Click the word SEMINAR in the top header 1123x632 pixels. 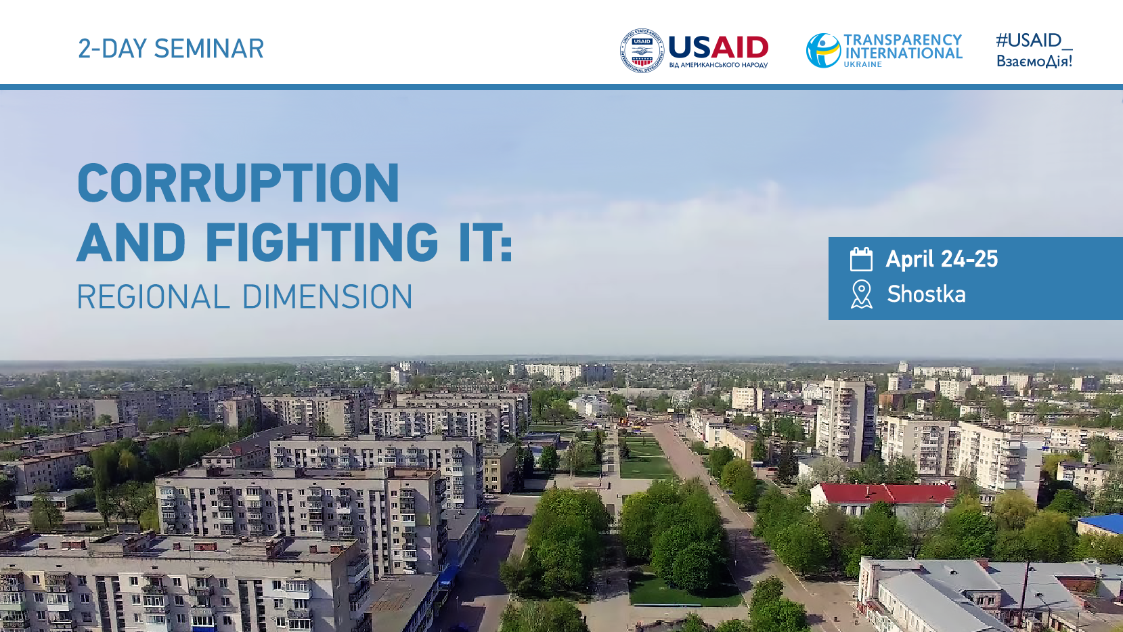pos(208,49)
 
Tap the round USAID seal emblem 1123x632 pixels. pos(642,51)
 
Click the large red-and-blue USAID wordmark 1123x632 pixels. pos(718,47)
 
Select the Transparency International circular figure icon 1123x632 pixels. pos(823,50)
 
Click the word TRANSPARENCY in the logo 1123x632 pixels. pos(903,40)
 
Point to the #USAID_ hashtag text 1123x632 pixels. pos(1034,40)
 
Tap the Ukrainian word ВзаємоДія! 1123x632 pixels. pos(1034,61)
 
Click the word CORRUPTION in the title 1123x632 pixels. pos(238,183)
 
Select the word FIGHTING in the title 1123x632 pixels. pos(322,242)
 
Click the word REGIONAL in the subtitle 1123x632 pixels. pos(153,296)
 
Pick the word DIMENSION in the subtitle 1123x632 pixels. pos(328,296)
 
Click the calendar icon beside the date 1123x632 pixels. pos(861,259)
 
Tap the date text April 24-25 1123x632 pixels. pos(942,259)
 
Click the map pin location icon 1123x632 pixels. pos(861,294)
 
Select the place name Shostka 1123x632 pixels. pos(926,294)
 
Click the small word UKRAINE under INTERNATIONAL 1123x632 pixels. pos(863,65)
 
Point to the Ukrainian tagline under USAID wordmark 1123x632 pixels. pos(718,65)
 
